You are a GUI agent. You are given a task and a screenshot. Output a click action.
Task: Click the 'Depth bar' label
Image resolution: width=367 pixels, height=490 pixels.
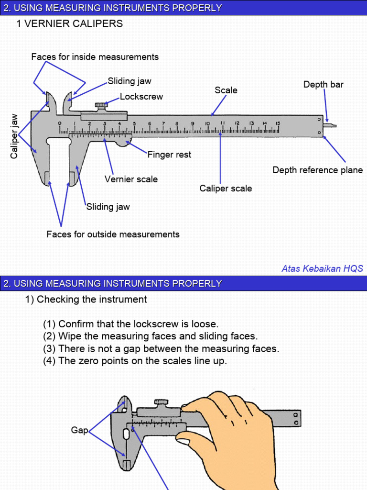323,85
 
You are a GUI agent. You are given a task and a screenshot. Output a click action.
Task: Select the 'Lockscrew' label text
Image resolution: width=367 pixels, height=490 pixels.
141,97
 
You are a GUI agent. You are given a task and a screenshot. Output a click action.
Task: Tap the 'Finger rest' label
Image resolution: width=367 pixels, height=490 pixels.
169,155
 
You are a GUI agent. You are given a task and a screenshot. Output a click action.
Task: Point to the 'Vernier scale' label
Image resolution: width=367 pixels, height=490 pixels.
131,179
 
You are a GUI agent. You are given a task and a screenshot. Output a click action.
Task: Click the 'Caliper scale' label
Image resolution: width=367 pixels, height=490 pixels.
226,189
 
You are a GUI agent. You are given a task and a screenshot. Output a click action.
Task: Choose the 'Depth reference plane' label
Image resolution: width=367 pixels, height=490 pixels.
317,170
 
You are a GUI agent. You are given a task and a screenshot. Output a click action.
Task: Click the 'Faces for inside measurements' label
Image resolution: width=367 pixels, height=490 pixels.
95,57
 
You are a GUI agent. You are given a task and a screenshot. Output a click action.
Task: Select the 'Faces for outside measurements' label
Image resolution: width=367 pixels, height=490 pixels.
113,234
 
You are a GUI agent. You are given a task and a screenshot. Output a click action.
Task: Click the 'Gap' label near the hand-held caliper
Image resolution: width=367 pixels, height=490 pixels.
79,430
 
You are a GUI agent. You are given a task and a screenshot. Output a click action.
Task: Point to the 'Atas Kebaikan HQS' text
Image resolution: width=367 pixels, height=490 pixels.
322,268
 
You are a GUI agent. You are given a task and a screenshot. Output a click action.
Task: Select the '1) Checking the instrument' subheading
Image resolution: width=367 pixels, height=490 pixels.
86,300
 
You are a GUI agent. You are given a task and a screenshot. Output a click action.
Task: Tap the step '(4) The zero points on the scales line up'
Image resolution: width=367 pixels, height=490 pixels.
135,361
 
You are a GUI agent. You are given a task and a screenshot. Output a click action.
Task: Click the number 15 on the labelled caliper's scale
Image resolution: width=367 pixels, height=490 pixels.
277,123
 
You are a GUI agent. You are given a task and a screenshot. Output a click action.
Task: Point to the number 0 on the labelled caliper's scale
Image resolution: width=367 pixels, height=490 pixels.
60,123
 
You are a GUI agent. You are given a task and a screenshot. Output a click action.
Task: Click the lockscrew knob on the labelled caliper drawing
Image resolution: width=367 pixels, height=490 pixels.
101,105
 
